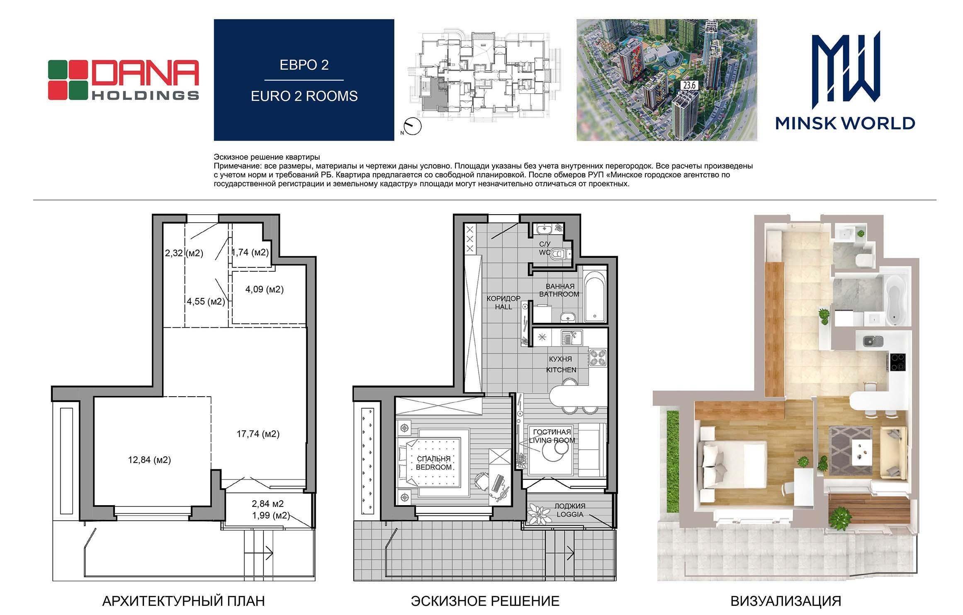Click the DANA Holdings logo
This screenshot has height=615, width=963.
click(x=123, y=80)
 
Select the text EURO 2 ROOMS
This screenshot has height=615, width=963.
click(x=304, y=96)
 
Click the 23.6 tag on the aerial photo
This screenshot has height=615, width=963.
click(x=690, y=86)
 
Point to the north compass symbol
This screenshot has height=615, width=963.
click(x=411, y=126)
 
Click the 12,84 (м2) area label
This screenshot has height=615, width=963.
click(x=150, y=460)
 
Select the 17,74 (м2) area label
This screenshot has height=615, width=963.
click(x=258, y=434)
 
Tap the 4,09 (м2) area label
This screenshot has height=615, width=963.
click(x=265, y=289)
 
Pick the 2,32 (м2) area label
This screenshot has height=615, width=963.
click(x=184, y=253)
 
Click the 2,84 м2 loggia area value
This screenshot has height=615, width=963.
click(x=268, y=504)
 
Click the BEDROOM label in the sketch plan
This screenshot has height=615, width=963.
click(x=433, y=467)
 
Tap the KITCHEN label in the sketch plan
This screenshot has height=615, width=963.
click(x=561, y=370)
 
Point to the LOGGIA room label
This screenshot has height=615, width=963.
click(x=570, y=514)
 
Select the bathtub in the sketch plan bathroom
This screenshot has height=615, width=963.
click(x=595, y=295)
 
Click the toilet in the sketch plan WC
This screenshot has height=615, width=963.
click(x=561, y=254)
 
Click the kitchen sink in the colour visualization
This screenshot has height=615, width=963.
click(x=873, y=341)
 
